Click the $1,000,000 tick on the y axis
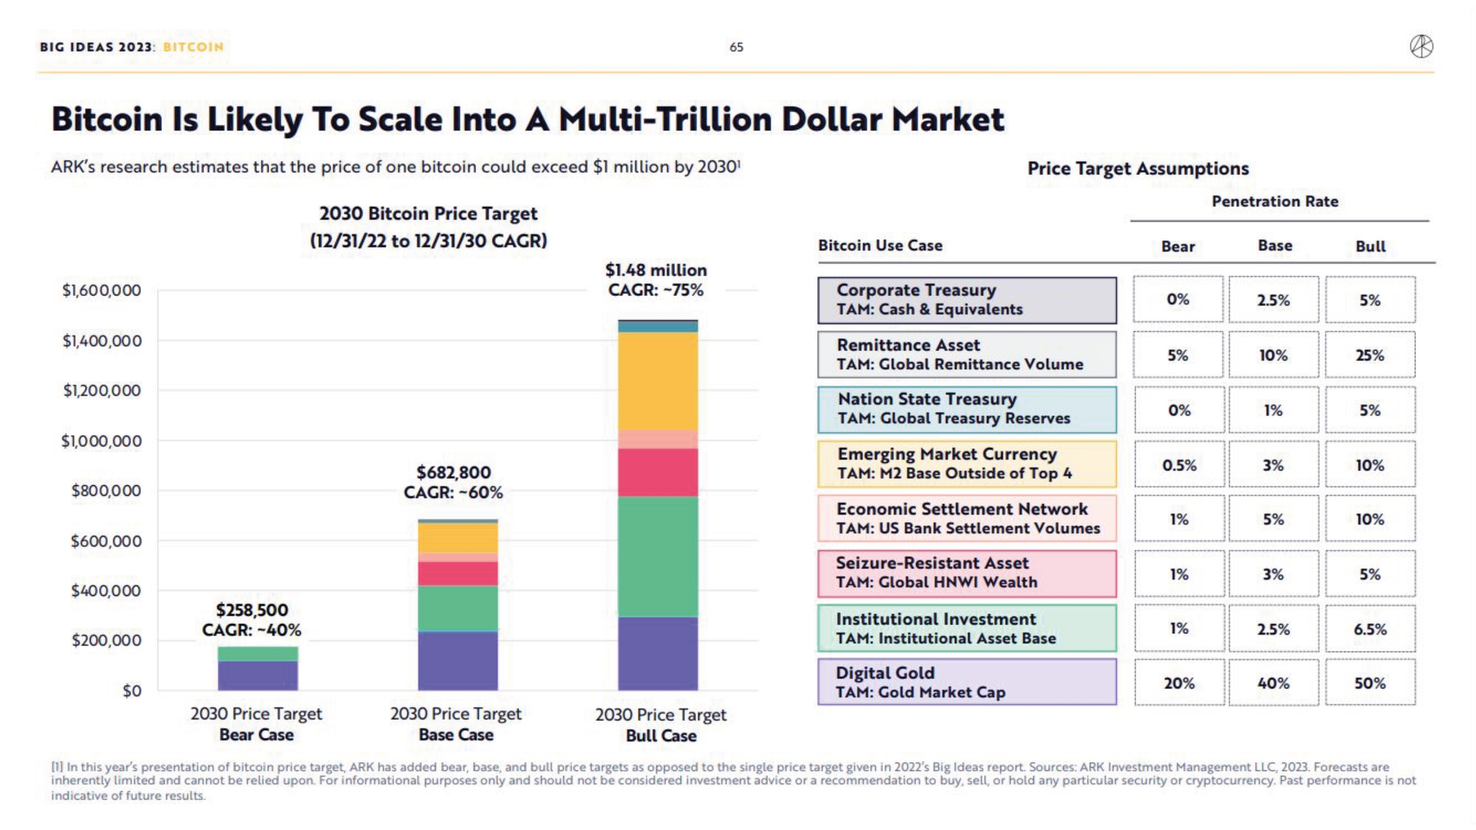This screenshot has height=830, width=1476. [x=101, y=441]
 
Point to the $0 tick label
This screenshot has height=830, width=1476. [x=132, y=691]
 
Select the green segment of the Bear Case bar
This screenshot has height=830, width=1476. [x=258, y=654]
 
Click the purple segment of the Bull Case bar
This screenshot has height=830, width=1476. [x=658, y=653]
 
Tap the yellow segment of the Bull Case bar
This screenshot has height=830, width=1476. [x=658, y=381]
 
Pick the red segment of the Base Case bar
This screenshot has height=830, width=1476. [x=457, y=574]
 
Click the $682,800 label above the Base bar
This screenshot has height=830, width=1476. [x=454, y=473]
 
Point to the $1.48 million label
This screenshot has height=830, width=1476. [x=656, y=270]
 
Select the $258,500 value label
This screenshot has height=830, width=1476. [x=252, y=610]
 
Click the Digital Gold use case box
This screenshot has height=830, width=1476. [x=967, y=683]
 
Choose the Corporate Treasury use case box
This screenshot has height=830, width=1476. [x=967, y=300]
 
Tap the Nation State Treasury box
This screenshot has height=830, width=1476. [x=967, y=409]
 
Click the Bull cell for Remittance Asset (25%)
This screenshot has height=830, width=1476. [x=1370, y=355]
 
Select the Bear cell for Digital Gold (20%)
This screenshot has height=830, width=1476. [x=1179, y=683]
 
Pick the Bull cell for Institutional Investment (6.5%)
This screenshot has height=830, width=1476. [x=1370, y=629]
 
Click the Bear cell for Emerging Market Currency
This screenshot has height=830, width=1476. [x=1179, y=465]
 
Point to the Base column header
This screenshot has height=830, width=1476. [x=1275, y=246]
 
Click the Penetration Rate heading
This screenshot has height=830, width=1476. [x=1275, y=202]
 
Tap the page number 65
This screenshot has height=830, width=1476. [x=736, y=47]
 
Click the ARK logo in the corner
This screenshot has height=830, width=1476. [x=1421, y=46]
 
